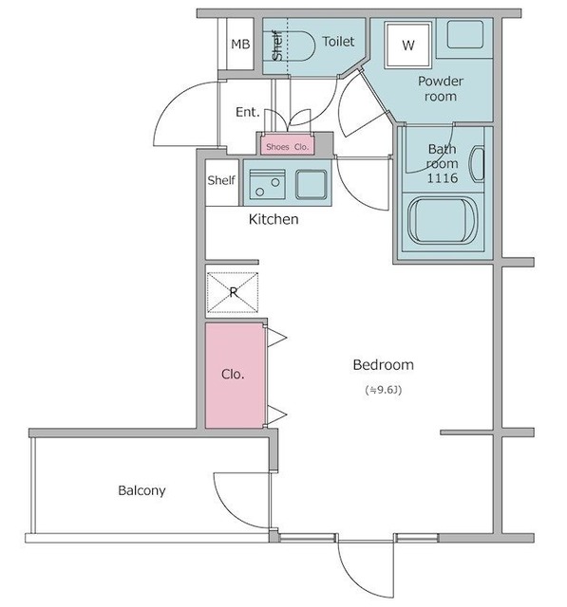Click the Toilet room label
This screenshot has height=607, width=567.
point(338,42)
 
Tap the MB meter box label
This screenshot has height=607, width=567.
point(240,45)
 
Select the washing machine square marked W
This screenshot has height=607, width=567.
point(408,45)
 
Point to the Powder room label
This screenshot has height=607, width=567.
point(441,88)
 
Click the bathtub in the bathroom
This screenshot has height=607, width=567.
point(442,220)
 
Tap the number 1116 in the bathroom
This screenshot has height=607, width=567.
point(443,178)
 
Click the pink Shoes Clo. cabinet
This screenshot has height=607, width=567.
point(287,144)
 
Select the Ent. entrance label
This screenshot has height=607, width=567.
point(247,112)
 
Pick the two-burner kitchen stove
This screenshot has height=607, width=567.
point(268,184)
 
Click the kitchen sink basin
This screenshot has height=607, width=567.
point(312,184)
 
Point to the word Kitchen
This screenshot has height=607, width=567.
point(274,219)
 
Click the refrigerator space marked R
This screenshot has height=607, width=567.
point(233,292)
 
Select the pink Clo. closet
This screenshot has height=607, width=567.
point(234,376)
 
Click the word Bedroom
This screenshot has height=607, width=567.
point(384,365)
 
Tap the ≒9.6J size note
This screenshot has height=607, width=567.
point(384,390)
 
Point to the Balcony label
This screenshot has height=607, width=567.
point(142,491)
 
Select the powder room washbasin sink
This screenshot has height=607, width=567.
point(465,34)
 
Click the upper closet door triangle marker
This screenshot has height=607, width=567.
point(276,338)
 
